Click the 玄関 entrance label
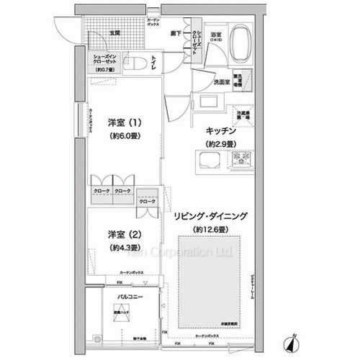115,33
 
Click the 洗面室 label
221,81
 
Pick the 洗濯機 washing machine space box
246,78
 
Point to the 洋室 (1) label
123,122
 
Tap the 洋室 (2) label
123,233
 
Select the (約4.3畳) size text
124,248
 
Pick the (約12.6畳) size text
211,229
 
